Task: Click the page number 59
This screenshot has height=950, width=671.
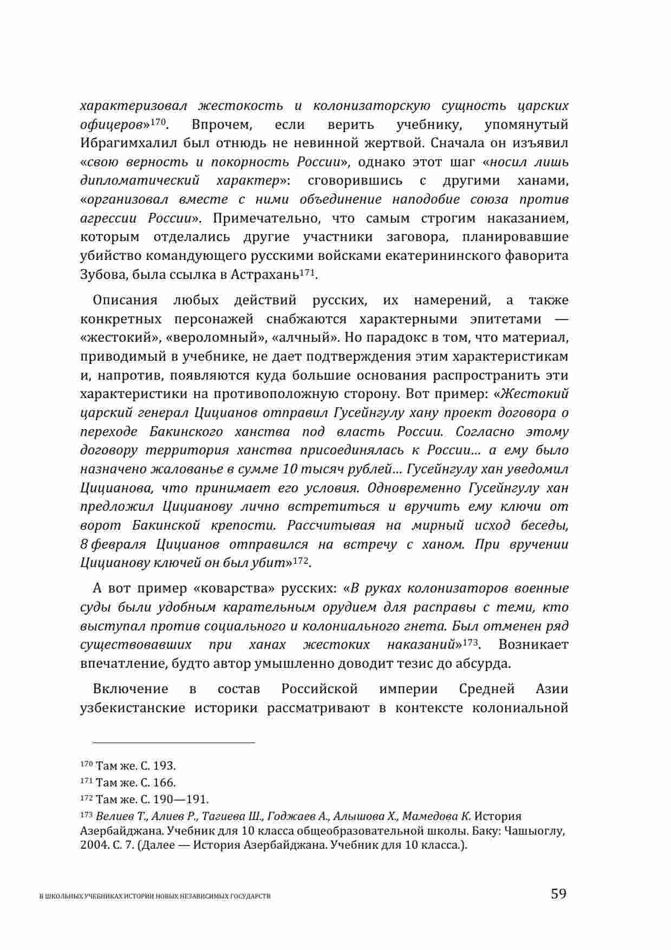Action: click(558, 893)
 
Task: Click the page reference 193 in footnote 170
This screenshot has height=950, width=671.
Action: click(163, 766)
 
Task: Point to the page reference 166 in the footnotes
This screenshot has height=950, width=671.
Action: click(163, 783)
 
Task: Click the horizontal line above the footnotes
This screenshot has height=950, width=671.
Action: click(167, 743)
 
